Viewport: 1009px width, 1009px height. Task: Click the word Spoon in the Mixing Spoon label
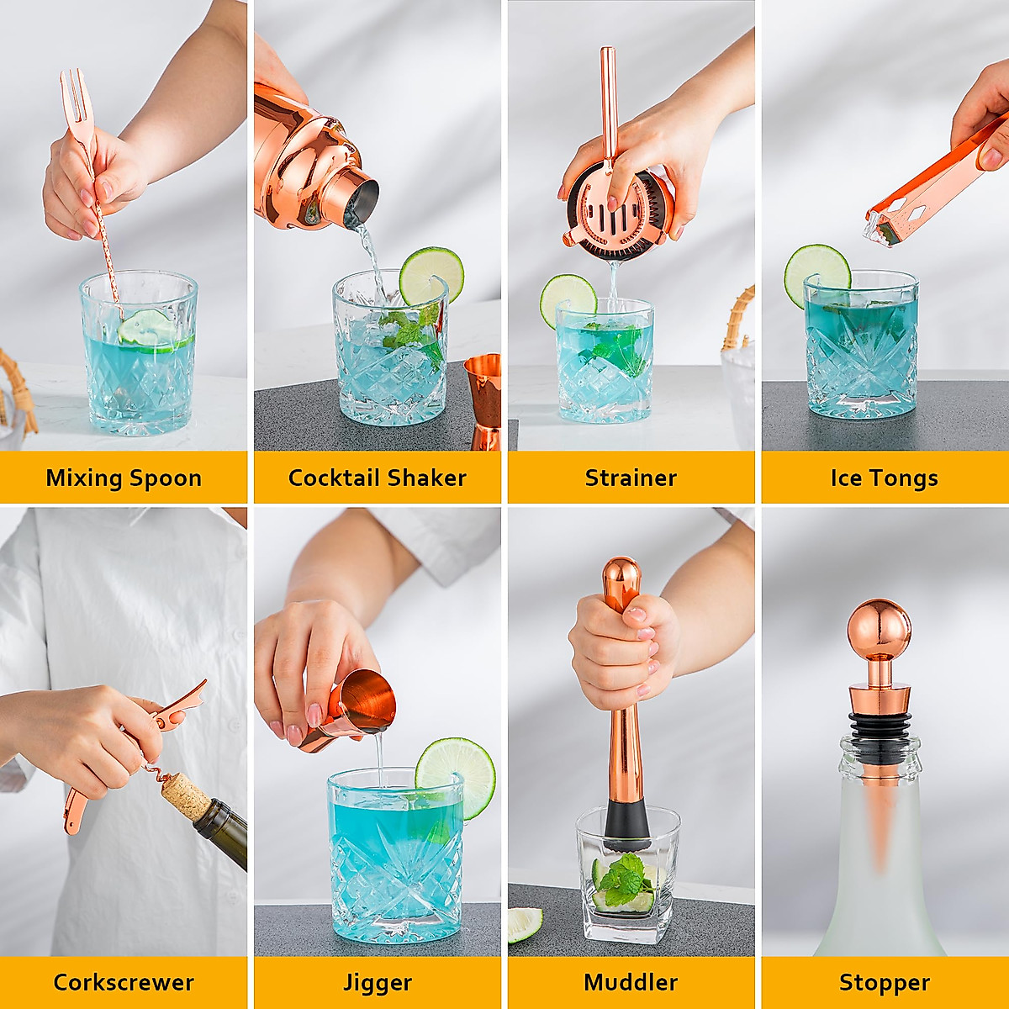click(x=163, y=478)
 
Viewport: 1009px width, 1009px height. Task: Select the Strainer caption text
click(x=631, y=478)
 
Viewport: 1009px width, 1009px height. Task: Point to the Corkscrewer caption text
click(x=124, y=982)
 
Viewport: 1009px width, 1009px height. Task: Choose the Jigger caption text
click(x=378, y=982)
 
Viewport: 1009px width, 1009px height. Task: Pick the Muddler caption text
click(x=631, y=982)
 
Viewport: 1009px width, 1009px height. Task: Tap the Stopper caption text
click(x=885, y=982)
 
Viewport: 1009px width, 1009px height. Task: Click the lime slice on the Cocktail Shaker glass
click(x=431, y=276)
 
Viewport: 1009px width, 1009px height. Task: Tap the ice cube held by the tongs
click(x=879, y=230)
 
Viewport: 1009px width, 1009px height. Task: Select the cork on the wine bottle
click(x=185, y=795)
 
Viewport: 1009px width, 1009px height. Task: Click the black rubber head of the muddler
click(x=626, y=825)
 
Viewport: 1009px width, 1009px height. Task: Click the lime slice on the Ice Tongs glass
click(x=816, y=273)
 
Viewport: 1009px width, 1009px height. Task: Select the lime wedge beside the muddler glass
click(x=525, y=922)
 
